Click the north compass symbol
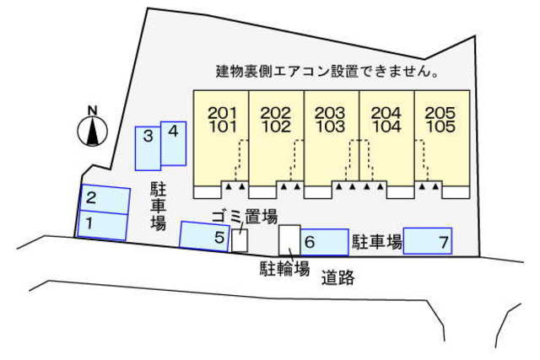tap(93, 130)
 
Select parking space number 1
tap(103, 225)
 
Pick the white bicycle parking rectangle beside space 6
tap(289, 239)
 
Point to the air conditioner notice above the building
tap(327, 72)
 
